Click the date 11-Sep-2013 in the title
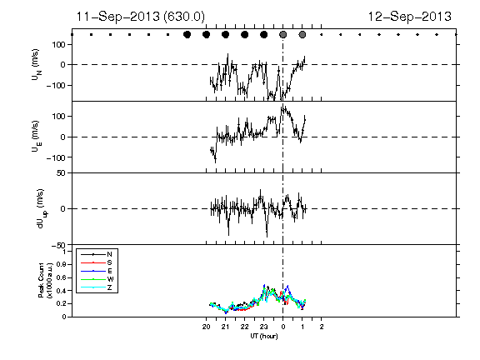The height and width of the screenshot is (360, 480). pyautogui.click(x=117, y=16)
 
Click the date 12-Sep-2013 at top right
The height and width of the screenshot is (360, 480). pyautogui.click(x=410, y=16)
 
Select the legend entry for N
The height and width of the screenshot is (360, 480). pyautogui.click(x=97, y=254)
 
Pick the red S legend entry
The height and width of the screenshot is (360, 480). pyautogui.click(x=97, y=262)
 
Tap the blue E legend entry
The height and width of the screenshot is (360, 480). pyautogui.click(x=97, y=271)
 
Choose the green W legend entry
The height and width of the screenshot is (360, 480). pyautogui.click(x=97, y=279)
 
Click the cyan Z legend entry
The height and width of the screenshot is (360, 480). pyautogui.click(x=97, y=287)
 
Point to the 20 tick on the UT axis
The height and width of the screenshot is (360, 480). pyautogui.click(x=206, y=327)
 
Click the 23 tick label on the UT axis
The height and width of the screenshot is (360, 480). pyautogui.click(x=263, y=327)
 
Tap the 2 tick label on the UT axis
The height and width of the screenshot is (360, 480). pyautogui.click(x=322, y=327)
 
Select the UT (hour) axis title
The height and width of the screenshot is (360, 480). pyautogui.click(x=264, y=336)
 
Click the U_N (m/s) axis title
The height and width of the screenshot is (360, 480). pyautogui.click(x=36, y=65)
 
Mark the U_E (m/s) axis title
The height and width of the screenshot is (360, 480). pyautogui.click(x=36, y=137)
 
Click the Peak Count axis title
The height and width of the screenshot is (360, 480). pyautogui.click(x=45, y=280)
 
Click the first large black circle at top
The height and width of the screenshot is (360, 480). pyautogui.click(x=187, y=35)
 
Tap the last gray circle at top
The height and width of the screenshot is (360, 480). pyautogui.click(x=302, y=35)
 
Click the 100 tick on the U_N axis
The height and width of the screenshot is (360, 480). pyautogui.click(x=58, y=45)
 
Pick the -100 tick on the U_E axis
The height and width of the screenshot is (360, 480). pyautogui.click(x=56, y=157)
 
